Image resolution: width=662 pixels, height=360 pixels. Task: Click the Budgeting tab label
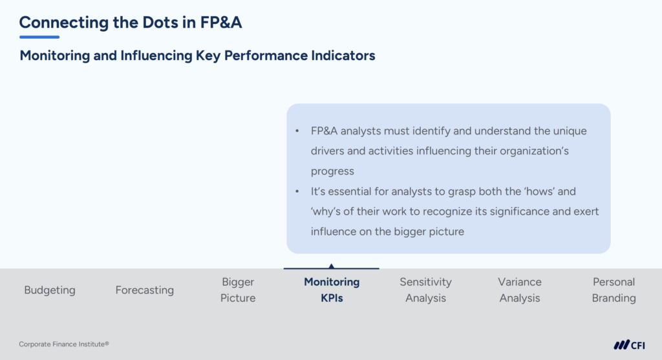(50, 290)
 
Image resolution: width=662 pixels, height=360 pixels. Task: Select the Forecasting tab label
(145, 290)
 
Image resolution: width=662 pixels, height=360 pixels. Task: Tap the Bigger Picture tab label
(238, 290)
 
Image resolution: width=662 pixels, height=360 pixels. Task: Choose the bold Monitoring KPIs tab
(332, 290)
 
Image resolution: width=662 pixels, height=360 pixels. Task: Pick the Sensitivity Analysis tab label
(425, 290)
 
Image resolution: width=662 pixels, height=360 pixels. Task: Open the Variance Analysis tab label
(520, 290)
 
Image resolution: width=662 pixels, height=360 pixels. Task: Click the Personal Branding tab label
(614, 290)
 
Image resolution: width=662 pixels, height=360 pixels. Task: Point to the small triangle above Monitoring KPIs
(332, 266)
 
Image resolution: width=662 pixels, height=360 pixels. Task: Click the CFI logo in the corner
(629, 344)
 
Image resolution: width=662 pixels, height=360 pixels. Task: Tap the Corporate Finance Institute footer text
(64, 344)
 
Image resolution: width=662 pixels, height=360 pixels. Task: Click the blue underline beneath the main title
(39, 37)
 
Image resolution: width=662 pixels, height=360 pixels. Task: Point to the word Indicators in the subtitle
(342, 56)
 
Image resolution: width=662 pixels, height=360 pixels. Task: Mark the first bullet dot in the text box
(297, 131)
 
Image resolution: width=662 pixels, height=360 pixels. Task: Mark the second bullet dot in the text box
(297, 192)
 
